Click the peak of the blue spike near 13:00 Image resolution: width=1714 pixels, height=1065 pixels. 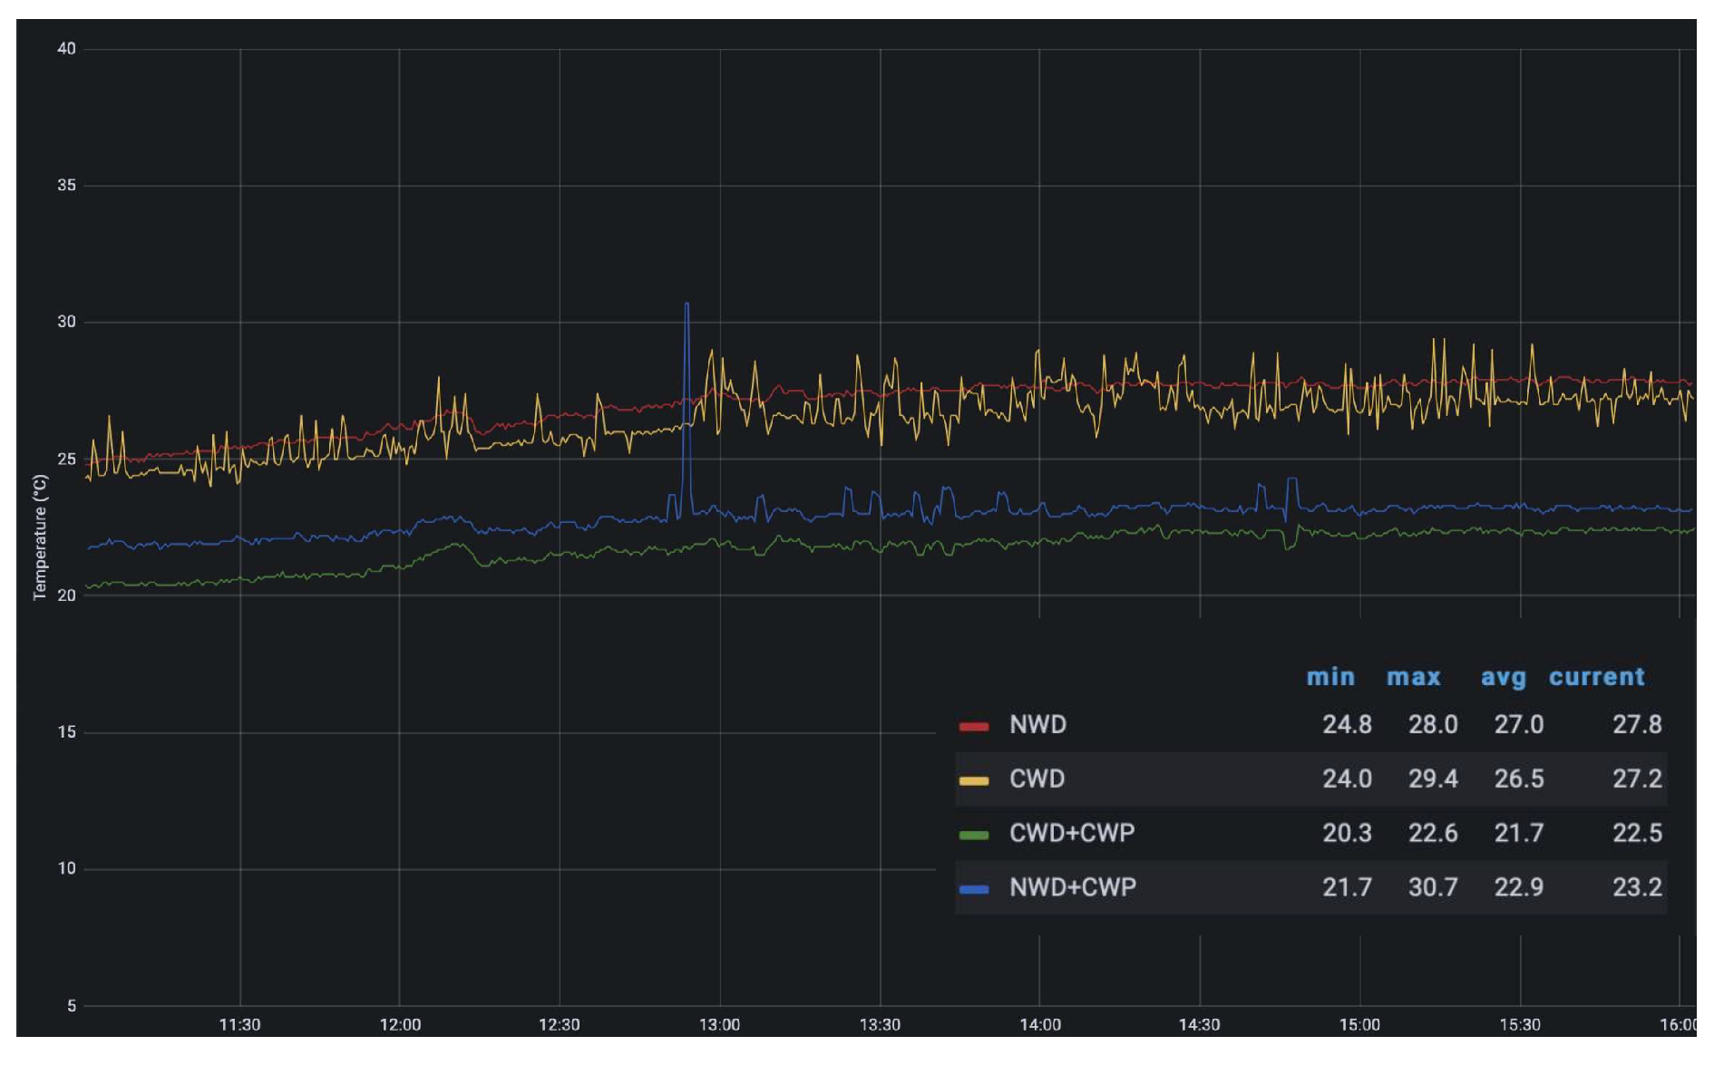[687, 305]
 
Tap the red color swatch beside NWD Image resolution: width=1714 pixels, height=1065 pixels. [973, 726]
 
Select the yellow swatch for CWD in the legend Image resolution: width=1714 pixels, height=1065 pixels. [973, 780]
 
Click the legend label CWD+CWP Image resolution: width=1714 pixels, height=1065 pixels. [1071, 833]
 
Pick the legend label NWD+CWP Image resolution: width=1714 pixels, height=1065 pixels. [1072, 887]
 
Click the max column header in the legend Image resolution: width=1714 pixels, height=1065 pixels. [1413, 677]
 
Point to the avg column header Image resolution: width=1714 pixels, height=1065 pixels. [1503, 677]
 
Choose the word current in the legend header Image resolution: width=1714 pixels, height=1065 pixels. [1596, 677]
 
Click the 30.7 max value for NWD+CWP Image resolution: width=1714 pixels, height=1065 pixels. [1433, 887]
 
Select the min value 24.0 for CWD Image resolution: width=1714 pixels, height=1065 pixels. [1347, 779]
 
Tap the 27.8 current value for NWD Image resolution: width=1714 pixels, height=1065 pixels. [1637, 725]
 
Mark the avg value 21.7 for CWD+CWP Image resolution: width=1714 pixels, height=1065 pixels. [1519, 833]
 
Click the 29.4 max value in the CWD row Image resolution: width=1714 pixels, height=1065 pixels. [1433, 779]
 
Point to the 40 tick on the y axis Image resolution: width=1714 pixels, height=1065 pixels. [66, 49]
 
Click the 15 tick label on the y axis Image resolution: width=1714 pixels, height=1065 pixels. [66, 732]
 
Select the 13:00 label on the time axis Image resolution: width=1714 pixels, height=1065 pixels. [719, 1025]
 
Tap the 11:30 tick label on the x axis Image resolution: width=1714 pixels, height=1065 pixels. [239, 1025]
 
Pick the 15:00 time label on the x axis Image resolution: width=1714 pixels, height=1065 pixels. [1359, 1025]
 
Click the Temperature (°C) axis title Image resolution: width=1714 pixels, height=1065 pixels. [40, 537]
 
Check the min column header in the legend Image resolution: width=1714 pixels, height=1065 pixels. [1330, 677]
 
